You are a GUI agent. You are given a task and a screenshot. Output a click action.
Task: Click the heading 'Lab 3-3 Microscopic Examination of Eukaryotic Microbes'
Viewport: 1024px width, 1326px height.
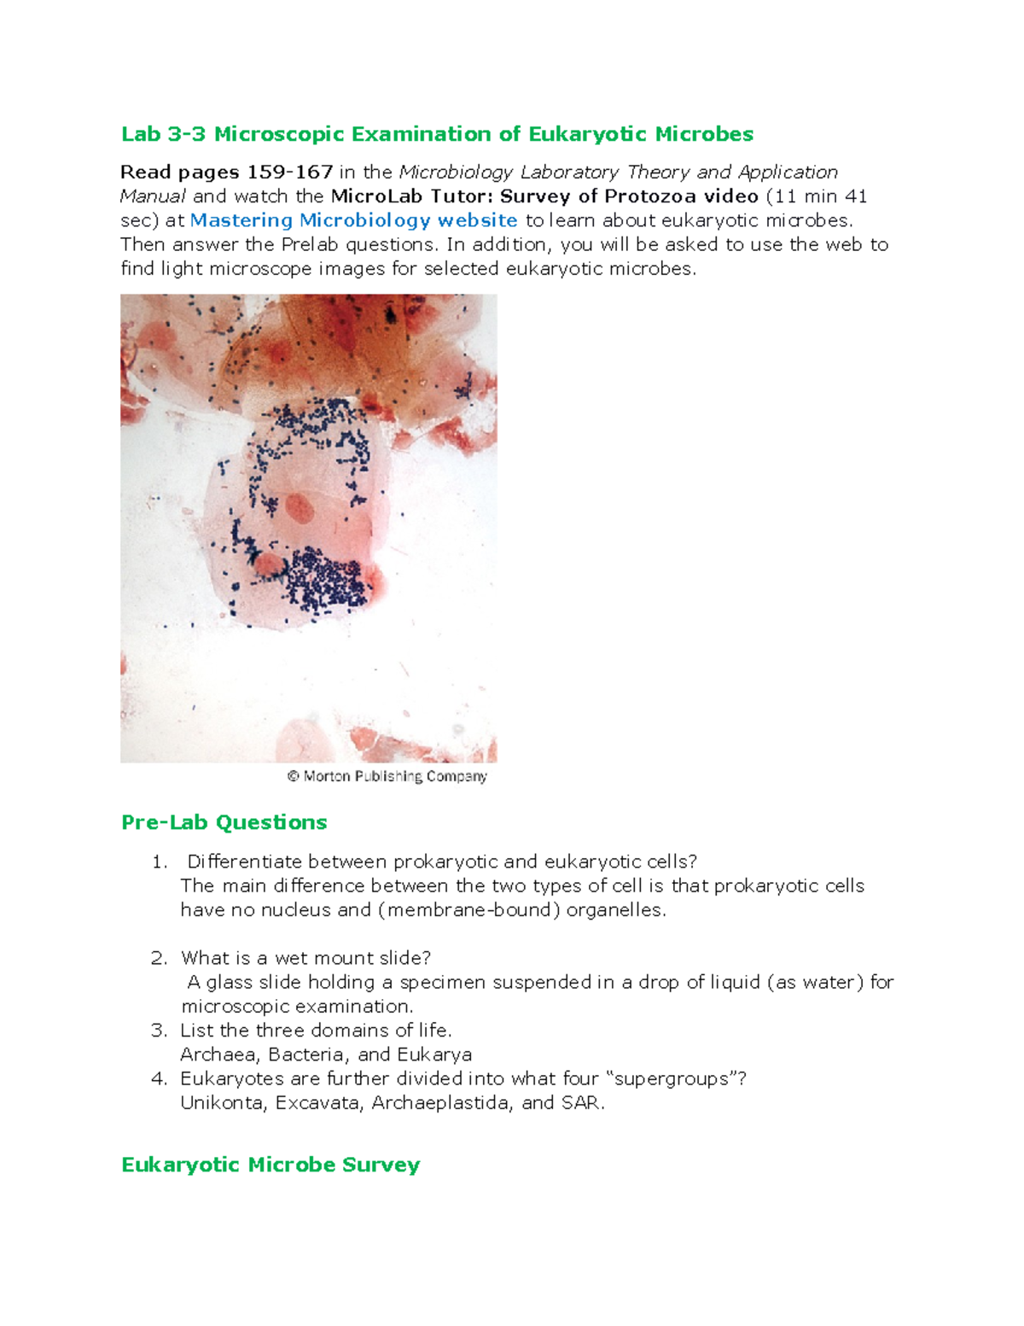[437, 134]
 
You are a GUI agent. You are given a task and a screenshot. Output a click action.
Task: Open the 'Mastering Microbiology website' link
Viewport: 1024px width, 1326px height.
[353, 220]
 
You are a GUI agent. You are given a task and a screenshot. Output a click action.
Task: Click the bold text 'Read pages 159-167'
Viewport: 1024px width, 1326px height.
[226, 172]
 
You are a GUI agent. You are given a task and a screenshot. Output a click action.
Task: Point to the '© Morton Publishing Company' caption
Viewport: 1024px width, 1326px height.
[387, 776]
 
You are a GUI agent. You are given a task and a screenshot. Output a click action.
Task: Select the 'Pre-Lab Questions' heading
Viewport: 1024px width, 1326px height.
[224, 822]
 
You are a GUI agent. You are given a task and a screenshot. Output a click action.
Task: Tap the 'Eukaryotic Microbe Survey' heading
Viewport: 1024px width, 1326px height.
[271, 1165]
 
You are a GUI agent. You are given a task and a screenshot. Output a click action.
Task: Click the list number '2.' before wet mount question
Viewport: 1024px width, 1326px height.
[159, 958]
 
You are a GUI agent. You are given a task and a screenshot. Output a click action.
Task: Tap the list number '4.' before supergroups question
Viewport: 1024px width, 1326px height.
[159, 1079]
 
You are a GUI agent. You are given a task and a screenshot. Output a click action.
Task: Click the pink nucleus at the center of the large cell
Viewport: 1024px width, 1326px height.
[299, 509]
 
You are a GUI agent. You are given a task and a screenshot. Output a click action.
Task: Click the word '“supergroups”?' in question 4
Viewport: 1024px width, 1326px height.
[682, 1079]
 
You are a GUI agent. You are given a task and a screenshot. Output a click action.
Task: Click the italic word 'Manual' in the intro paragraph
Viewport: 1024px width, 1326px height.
[153, 196]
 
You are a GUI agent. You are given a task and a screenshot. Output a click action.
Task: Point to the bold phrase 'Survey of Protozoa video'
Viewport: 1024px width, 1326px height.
[629, 196]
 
